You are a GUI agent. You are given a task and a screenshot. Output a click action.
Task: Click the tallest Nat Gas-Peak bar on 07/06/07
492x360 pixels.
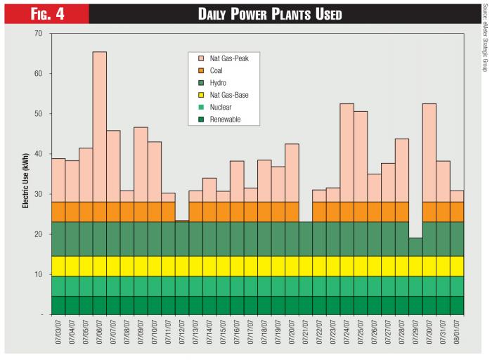coord(99,127)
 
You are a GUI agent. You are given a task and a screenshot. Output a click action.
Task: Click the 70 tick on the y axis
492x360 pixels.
coord(38,34)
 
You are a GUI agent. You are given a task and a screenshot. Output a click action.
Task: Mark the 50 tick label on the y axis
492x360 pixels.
coord(38,114)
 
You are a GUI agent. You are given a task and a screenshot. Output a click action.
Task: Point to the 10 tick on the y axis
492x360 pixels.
coord(38,274)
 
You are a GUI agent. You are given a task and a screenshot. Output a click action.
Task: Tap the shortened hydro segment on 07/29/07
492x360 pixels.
coord(415,247)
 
